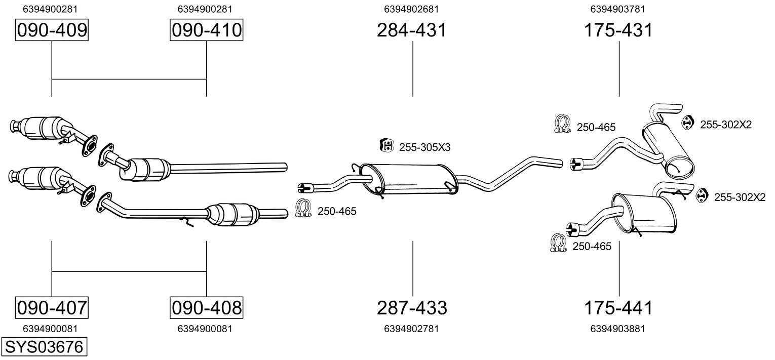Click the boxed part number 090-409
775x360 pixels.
(x=52, y=30)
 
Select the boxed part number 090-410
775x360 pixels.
(x=206, y=30)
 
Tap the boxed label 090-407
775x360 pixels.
(x=52, y=307)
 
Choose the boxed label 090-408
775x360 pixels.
(x=206, y=307)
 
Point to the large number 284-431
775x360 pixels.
(x=412, y=30)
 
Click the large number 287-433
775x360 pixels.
(x=412, y=307)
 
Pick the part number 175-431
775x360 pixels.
(x=618, y=30)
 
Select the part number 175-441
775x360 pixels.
(x=618, y=307)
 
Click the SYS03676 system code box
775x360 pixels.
(x=44, y=347)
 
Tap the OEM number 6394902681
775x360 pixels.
(x=412, y=9)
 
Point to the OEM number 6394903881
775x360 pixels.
(x=618, y=329)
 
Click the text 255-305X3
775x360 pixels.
(x=424, y=147)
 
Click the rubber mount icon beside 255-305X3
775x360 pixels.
(x=386, y=146)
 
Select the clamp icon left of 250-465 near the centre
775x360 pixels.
(x=303, y=209)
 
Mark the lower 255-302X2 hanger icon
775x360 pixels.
(x=702, y=195)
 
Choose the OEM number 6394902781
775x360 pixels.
(x=412, y=329)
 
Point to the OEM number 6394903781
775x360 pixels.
(x=618, y=9)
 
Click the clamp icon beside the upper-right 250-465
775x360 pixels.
(x=562, y=124)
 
